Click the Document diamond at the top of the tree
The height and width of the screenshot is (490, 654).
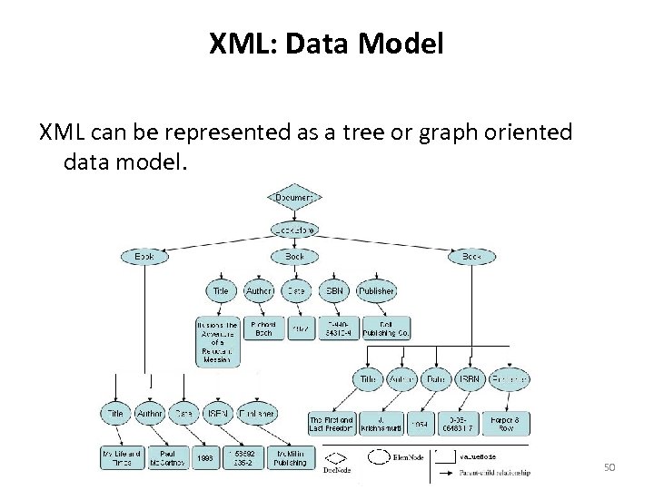(x=294, y=197)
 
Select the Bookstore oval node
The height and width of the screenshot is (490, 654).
(x=294, y=230)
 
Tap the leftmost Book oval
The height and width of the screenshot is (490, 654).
(x=144, y=257)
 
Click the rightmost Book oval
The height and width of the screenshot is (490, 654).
(x=471, y=257)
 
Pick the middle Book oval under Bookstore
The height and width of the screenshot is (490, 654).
(x=294, y=257)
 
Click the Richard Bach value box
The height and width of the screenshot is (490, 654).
(x=263, y=328)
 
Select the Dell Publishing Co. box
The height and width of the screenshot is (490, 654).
(x=386, y=328)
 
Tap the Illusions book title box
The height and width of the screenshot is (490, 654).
(x=217, y=341)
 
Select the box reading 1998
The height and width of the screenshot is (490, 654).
(x=206, y=458)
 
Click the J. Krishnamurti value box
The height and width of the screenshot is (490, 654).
(x=374, y=424)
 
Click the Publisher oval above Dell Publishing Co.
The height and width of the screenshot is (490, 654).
(x=376, y=291)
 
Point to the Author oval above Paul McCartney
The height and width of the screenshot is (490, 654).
(x=150, y=413)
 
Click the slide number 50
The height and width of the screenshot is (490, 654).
(x=609, y=466)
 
